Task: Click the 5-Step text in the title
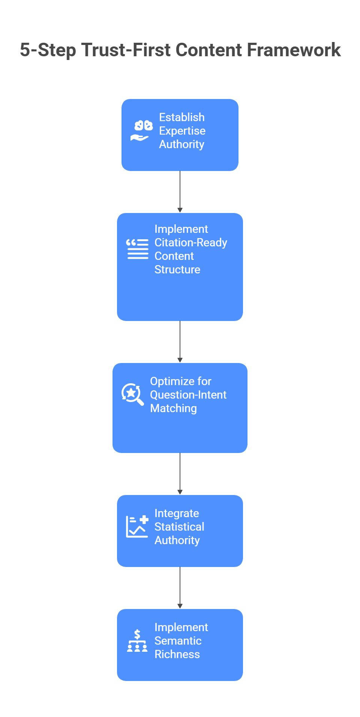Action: tap(48, 50)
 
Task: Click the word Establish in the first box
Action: tap(181, 117)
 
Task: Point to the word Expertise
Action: tap(182, 131)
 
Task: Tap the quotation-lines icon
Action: tap(137, 249)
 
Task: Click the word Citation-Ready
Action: tap(190, 243)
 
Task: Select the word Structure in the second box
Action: tap(177, 270)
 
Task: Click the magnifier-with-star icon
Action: tap(132, 394)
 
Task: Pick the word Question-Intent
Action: tap(188, 395)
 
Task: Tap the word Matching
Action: tap(173, 408)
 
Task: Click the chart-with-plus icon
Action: tap(137, 526)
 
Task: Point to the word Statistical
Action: tap(179, 527)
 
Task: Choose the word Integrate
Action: tap(176, 513)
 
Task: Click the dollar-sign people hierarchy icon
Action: tap(137, 640)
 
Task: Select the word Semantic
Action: tap(178, 641)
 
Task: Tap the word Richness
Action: tap(177, 654)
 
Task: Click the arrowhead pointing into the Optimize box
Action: tap(180, 360)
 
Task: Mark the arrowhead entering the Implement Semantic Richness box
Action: tap(180, 606)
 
